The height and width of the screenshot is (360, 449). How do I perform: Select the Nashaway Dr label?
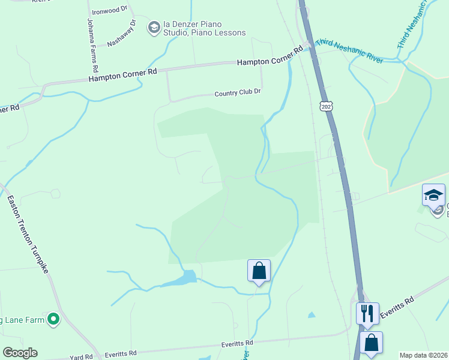[122, 34]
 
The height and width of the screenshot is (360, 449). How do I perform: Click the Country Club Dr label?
[238, 93]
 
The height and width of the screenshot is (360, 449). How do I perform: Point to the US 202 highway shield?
[326, 106]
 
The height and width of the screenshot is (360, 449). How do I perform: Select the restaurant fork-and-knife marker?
[367, 313]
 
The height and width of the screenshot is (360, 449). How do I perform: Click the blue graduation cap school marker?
[433, 195]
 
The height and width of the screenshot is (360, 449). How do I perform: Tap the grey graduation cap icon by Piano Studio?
[154, 26]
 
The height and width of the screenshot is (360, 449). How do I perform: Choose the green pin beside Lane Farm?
[54, 320]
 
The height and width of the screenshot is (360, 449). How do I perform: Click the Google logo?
[20, 353]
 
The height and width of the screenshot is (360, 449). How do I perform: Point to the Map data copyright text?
[423, 355]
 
